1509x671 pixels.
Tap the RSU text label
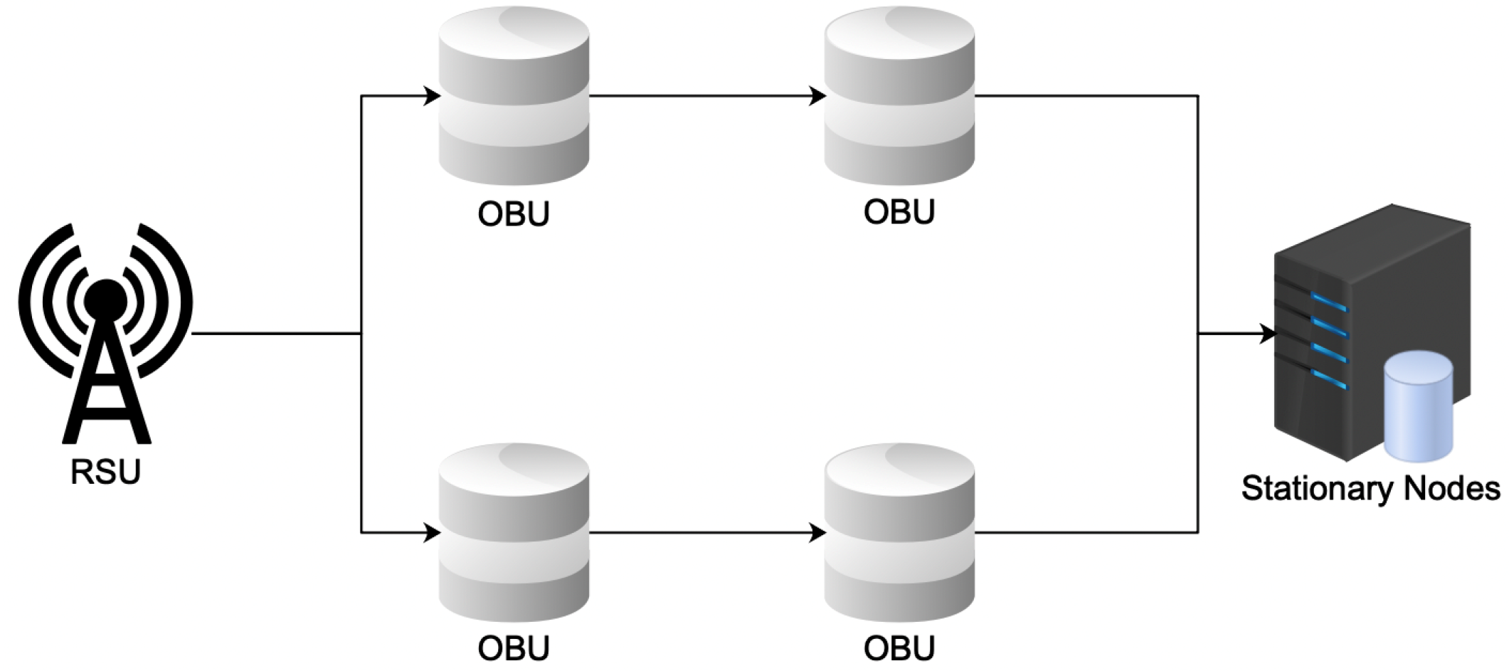[105, 472]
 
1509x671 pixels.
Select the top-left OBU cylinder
[514, 96]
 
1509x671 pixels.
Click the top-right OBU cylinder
[899, 96]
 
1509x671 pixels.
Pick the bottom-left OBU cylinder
[514, 532]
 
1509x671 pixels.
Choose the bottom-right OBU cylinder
[899, 532]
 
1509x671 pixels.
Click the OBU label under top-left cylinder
[514, 213]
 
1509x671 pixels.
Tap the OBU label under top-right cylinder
[899, 212]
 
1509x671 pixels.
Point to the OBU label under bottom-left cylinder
[514, 648]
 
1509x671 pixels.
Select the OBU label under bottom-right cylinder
[899, 648]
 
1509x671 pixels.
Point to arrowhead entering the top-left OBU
[432, 95]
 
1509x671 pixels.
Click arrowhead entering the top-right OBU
[817, 95]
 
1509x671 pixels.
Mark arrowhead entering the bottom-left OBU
[432, 532]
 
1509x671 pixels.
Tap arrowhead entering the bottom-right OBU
[817, 532]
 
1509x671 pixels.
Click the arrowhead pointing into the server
[1268, 333]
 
